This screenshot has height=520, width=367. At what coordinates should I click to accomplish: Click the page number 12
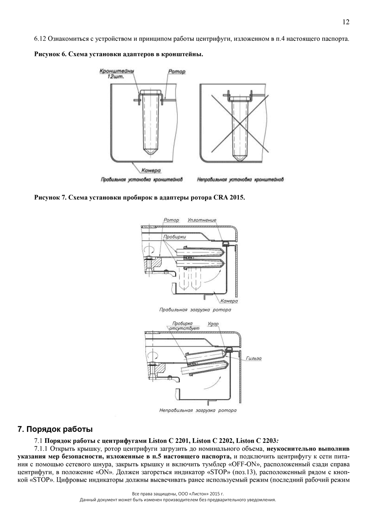[x=346, y=22]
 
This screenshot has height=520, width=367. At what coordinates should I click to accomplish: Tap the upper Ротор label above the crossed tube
[x=177, y=72]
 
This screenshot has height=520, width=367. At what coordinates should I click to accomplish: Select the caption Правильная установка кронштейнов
[x=141, y=179]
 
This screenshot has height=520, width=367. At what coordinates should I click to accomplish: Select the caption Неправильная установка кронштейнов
[x=240, y=179]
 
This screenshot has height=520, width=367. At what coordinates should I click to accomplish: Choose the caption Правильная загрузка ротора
[x=195, y=310]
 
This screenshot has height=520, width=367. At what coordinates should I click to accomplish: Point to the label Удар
[x=213, y=324]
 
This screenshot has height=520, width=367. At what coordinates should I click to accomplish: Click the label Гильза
[x=254, y=359]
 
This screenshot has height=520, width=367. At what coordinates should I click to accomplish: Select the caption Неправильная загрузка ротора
[x=197, y=410]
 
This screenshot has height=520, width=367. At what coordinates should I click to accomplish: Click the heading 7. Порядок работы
[x=55, y=429]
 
